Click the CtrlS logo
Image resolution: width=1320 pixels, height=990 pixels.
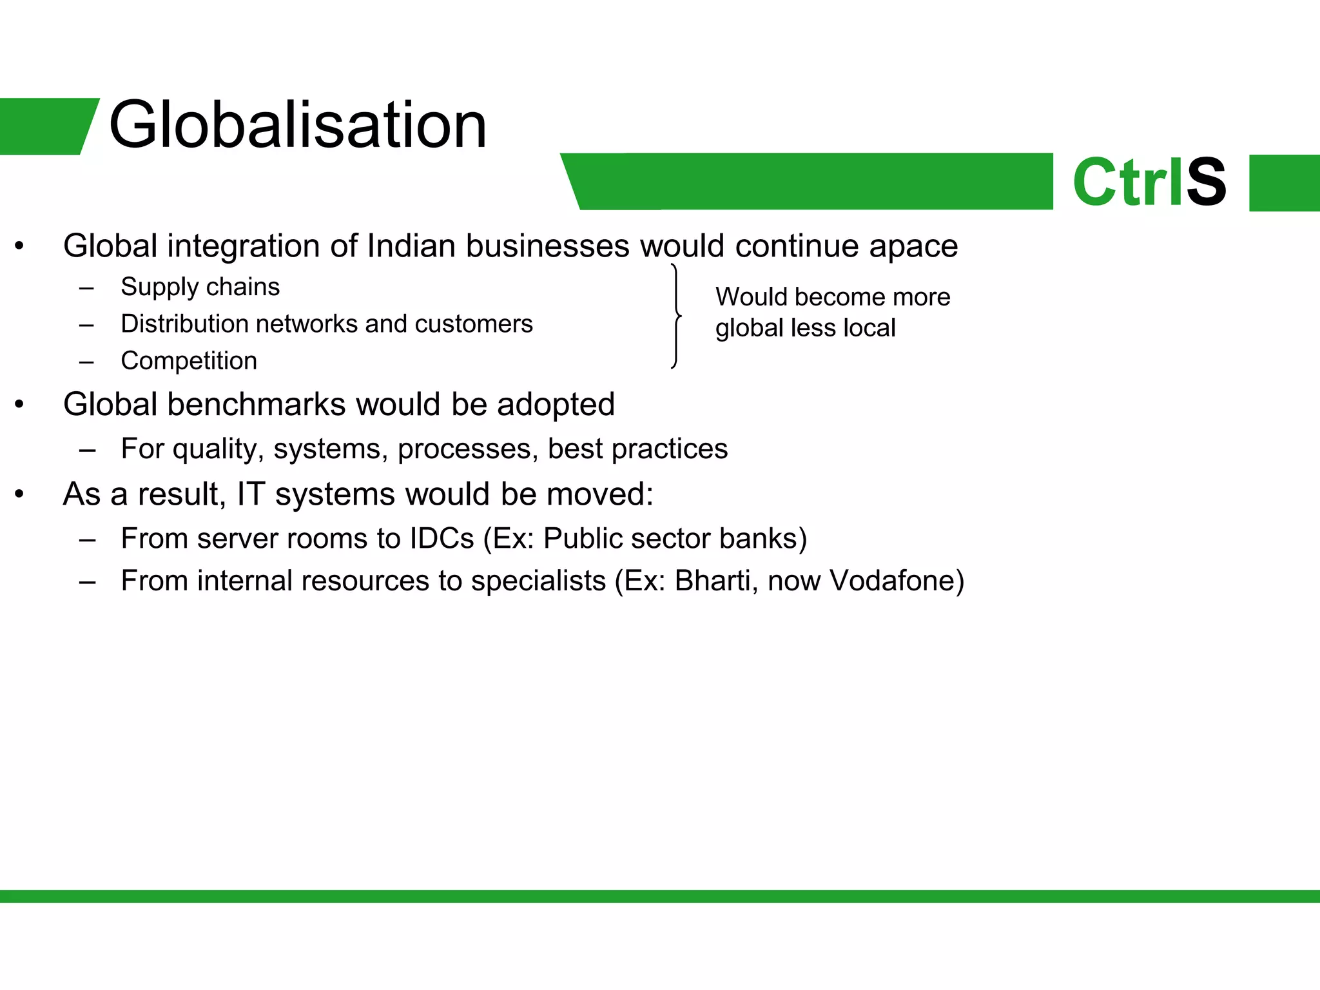coord(1149,182)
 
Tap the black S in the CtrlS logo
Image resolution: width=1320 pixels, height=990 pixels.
coord(1206,182)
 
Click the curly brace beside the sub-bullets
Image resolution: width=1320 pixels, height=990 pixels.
coord(675,316)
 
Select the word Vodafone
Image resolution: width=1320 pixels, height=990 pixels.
coord(896,581)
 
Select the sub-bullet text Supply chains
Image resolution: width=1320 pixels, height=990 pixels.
coord(200,287)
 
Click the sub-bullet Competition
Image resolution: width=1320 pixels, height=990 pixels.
coord(189,361)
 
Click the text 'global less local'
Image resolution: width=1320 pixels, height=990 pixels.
coord(805,328)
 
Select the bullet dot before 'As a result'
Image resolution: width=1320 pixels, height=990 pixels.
coord(19,494)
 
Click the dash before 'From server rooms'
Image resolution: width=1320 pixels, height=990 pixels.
coord(87,539)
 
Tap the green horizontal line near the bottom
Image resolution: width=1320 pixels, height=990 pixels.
coord(660,896)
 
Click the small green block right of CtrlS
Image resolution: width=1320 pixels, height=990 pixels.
coord(1284,183)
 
